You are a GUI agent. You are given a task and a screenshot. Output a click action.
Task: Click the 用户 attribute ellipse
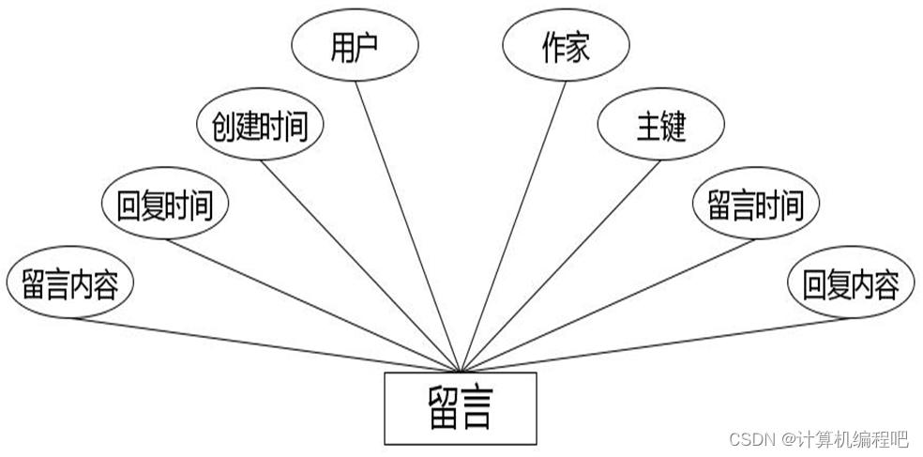(x=354, y=46)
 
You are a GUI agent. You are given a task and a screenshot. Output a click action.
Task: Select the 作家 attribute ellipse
(x=566, y=46)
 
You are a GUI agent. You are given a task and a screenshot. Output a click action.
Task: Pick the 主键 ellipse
(x=661, y=126)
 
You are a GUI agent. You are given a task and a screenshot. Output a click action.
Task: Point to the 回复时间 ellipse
(x=164, y=206)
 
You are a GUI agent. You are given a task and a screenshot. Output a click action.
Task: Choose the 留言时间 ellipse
(x=755, y=205)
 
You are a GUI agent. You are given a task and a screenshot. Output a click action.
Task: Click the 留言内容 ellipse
(x=69, y=283)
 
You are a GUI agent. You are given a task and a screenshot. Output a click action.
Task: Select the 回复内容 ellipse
(x=851, y=283)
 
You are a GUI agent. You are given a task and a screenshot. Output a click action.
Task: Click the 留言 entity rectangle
(x=461, y=408)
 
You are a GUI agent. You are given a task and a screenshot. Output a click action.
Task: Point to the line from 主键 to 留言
(x=560, y=265)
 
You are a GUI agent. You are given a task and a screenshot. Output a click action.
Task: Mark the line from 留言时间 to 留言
(x=607, y=305)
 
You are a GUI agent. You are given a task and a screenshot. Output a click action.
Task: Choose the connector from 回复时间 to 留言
(x=313, y=304)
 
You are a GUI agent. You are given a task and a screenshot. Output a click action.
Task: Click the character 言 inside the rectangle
(x=477, y=409)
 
